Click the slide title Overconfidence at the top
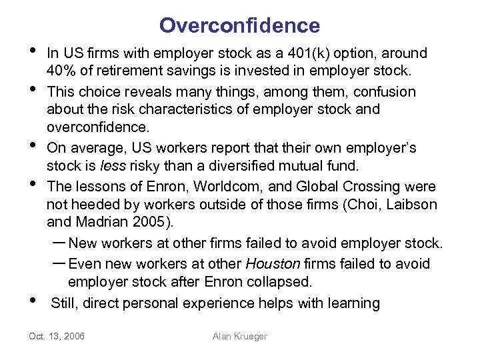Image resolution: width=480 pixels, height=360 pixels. coord(239,25)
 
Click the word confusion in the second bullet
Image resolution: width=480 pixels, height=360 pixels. coord(387,91)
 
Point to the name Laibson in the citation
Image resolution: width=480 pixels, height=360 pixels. coord(413,205)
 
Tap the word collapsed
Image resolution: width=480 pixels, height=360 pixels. coord(285,283)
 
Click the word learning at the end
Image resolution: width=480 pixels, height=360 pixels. coord(353,304)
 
